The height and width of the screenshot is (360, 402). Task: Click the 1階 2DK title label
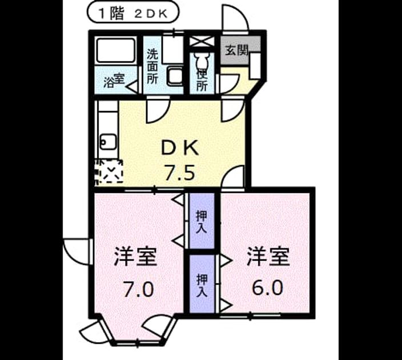(x=133, y=14)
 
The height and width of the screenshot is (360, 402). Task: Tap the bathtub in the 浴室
(x=115, y=50)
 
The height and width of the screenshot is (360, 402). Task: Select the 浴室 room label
(x=114, y=81)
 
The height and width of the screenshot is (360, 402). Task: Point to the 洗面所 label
(x=152, y=66)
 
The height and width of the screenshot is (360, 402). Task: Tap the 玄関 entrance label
(x=236, y=50)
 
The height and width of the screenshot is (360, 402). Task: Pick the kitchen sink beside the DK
(x=108, y=141)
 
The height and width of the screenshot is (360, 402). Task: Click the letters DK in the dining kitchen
(x=180, y=148)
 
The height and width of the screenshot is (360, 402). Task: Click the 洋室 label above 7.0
(x=135, y=257)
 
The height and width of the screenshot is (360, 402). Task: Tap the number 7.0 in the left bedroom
(x=139, y=289)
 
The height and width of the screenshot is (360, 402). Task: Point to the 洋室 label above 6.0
(x=268, y=257)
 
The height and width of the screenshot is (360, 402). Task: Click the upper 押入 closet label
(x=202, y=222)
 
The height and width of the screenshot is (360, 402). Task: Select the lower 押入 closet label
(x=202, y=285)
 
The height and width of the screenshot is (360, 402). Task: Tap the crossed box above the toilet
(x=202, y=42)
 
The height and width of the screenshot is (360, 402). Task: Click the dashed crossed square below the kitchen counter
(x=108, y=171)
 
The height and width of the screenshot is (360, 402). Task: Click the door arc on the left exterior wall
(x=77, y=252)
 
